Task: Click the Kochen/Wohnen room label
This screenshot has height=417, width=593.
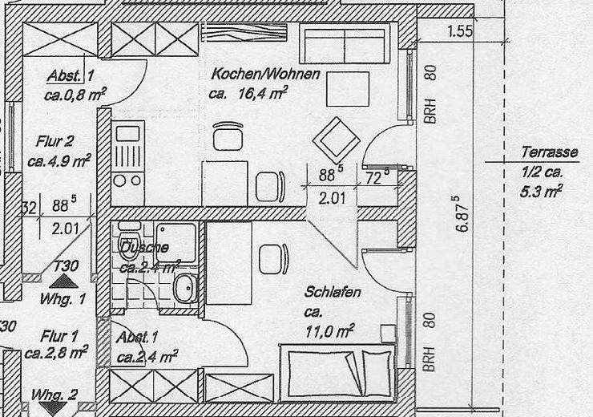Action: [265, 75]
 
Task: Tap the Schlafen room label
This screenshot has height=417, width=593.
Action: [333, 293]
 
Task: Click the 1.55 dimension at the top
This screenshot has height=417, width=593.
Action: [460, 32]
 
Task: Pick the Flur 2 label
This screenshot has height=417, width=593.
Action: [54, 141]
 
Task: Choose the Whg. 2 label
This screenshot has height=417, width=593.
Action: [54, 395]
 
